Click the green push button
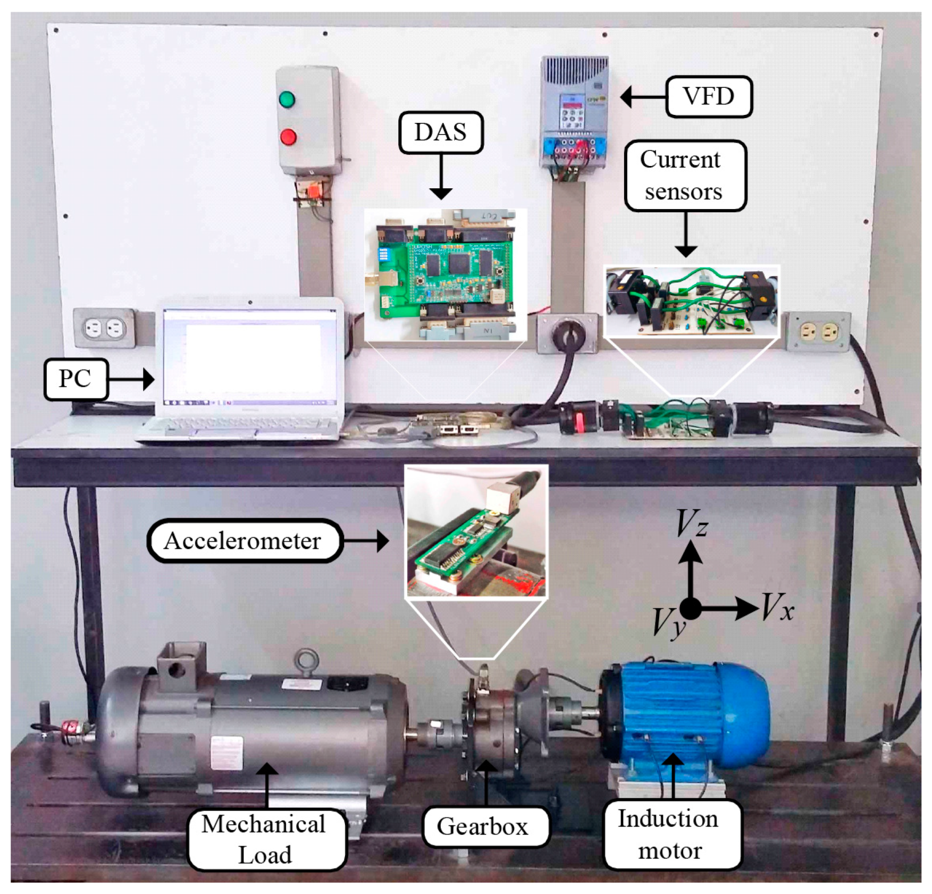(x=287, y=99)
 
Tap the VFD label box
(x=709, y=97)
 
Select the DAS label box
(x=441, y=132)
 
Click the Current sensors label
(x=685, y=176)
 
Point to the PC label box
(x=76, y=379)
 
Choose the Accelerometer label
(x=244, y=541)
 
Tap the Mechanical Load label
(x=266, y=839)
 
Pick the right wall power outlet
(x=818, y=332)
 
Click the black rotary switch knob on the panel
(x=567, y=333)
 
